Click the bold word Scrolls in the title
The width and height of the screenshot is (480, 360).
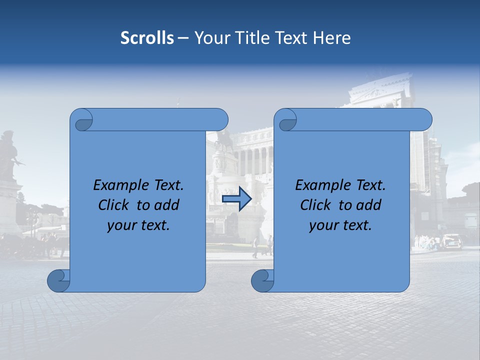click(147, 38)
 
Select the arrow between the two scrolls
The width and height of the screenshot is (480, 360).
click(236, 199)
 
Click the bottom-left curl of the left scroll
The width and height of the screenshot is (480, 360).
click(58, 281)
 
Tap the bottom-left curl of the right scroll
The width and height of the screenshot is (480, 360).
click(262, 281)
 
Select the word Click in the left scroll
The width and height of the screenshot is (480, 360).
click(113, 205)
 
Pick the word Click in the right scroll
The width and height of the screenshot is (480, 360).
click(315, 205)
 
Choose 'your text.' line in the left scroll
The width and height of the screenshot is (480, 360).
click(138, 225)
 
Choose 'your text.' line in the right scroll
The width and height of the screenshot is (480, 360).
click(340, 225)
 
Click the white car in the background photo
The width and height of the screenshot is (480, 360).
click(451, 241)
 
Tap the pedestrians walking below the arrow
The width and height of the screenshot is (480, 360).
click(262, 246)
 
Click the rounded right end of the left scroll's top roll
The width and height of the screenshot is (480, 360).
click(220, 119)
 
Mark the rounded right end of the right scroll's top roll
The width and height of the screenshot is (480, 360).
click(424, 119)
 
